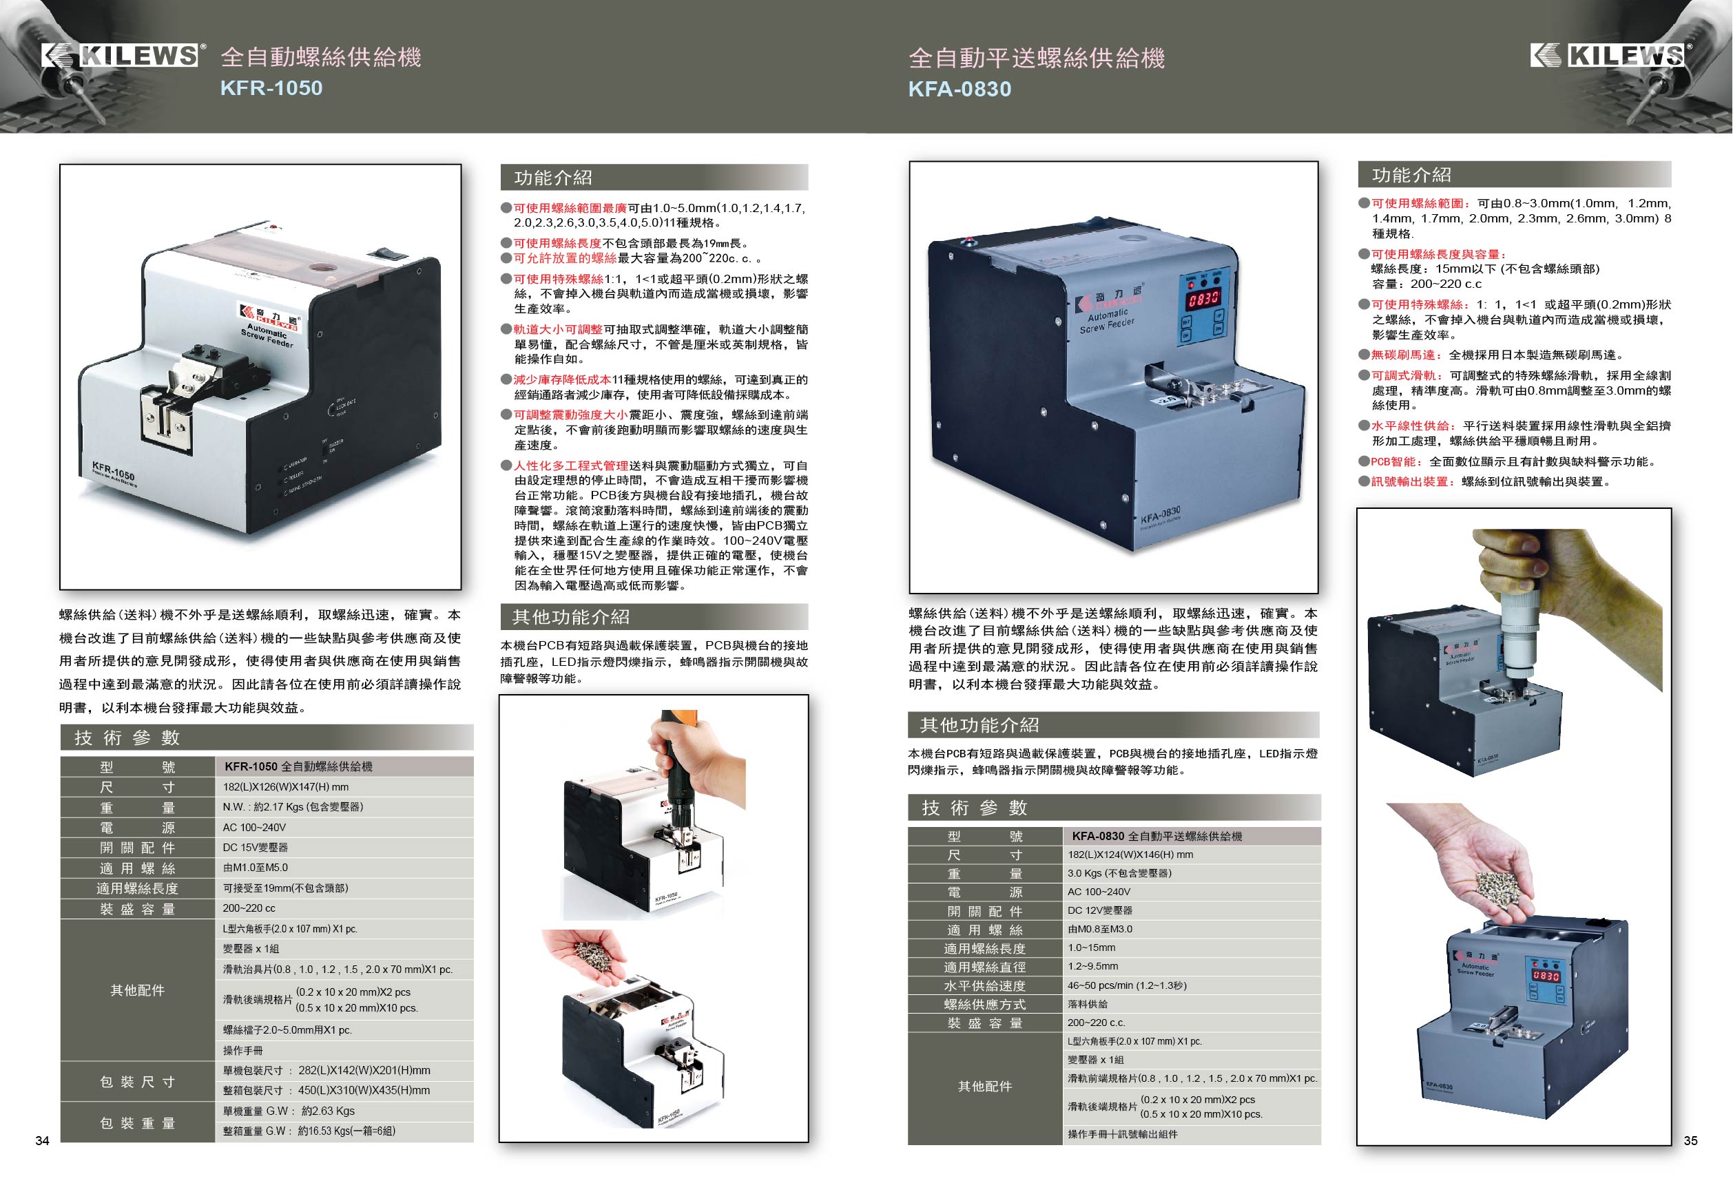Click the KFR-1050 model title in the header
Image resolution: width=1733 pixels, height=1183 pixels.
point(271,88)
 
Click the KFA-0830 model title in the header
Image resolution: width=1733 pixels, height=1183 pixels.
point(959,90)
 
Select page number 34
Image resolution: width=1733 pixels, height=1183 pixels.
point(43,1140)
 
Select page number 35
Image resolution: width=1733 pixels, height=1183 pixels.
point(1690,1140)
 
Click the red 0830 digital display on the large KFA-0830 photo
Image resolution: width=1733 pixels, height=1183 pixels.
point(1203,299)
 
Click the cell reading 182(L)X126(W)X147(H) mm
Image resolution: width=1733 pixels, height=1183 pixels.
point(286,787)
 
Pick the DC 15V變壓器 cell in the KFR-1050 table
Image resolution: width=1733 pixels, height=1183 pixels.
point(255,848)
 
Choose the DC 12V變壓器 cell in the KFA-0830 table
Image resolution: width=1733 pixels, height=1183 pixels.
point(1100,911)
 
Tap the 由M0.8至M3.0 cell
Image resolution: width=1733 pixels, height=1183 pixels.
point(1100,930)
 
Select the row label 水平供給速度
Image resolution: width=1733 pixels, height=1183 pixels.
point(984,985)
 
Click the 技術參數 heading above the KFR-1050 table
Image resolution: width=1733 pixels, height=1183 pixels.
point(127,738)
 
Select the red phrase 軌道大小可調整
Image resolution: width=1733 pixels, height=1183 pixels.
point(558,329)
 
